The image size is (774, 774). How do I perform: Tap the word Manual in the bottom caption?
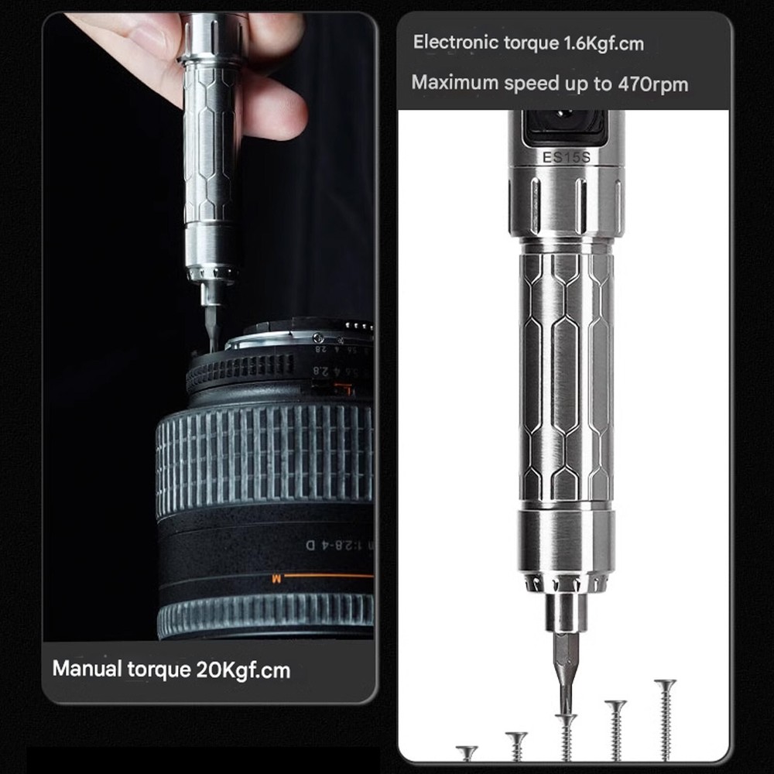[x=85, y=669]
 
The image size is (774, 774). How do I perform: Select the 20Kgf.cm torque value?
[x=239, y=670]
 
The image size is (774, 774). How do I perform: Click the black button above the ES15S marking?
[x=564, y=126]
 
